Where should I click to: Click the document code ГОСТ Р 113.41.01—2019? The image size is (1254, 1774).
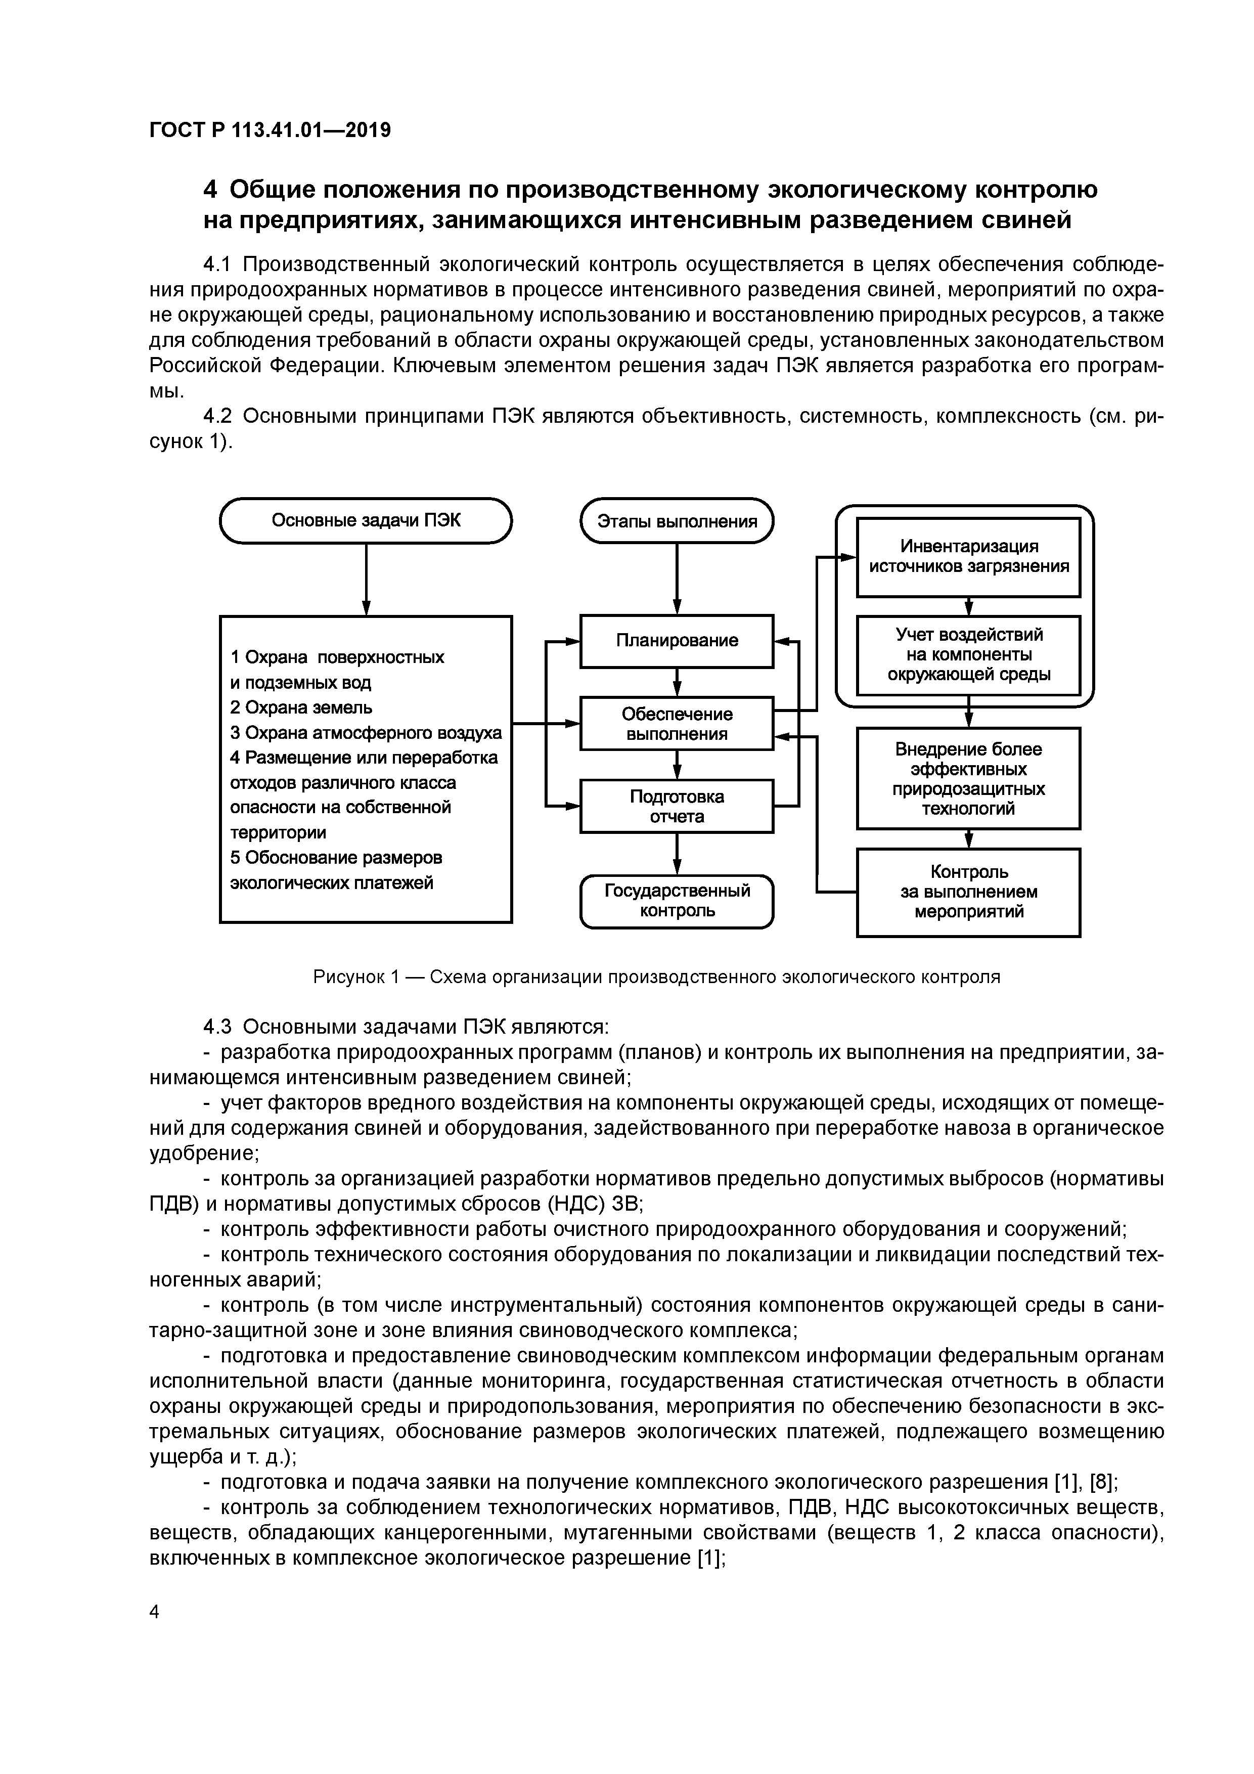click(270, 130)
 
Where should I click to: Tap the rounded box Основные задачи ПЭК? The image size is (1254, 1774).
click(366, 521)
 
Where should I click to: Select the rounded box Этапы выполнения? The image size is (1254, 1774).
click(677, 521)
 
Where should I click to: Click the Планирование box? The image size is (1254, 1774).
click(677, 641)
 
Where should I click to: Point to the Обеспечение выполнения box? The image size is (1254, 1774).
click(677, 724)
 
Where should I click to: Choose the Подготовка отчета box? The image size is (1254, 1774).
click(677, 806)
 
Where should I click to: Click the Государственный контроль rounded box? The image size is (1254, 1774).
click(677, 901)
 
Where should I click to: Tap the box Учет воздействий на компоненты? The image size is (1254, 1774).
click(968, 654)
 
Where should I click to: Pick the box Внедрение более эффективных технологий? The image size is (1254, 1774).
click(968, 778)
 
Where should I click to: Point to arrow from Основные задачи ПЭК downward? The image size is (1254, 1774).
click(366, 580)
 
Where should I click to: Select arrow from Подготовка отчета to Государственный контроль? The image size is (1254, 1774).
click(677, 854)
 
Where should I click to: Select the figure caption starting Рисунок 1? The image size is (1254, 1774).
click(656, 977)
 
